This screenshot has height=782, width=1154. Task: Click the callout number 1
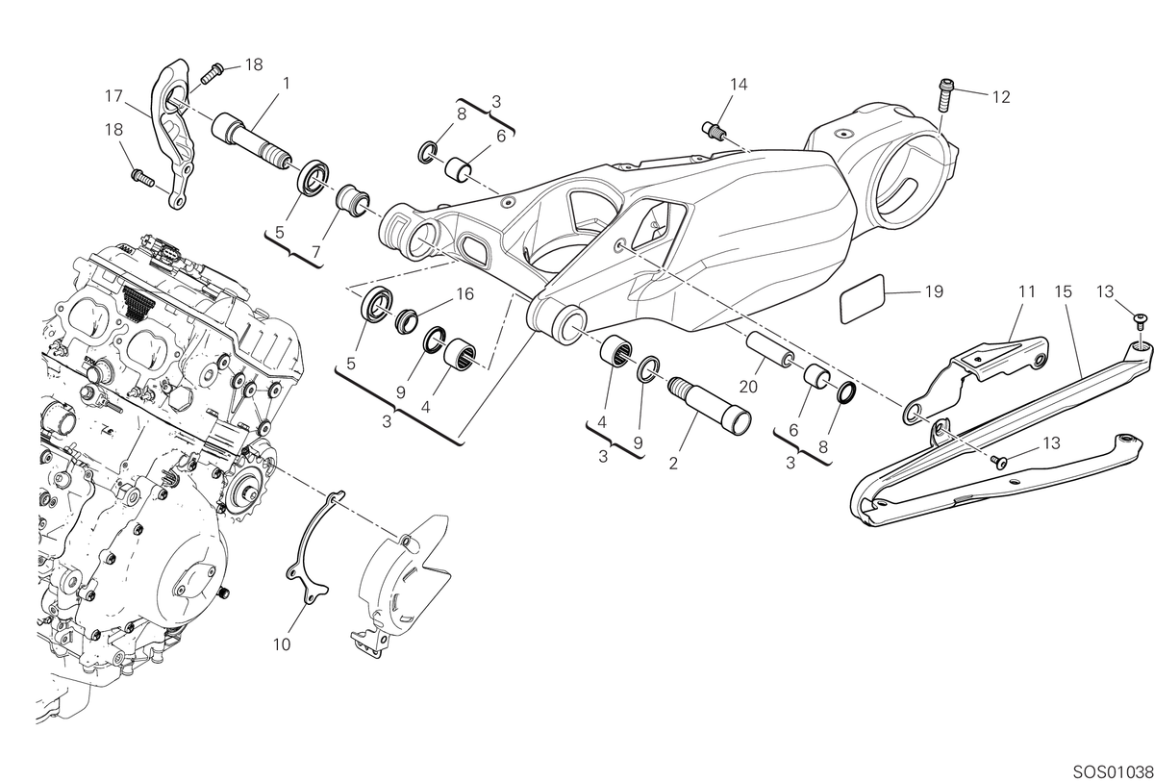pyautogui.click(x=286, y=83)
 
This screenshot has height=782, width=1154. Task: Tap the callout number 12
pyautogui.click(x=1001, y=97)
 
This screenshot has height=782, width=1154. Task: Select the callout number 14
pyautogui.click(x=739, y=85)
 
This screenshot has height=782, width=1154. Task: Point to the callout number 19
pyautogui.click(x=934, y=291)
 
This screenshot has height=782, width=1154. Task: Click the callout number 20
pyautogui.click(x=748, y=386)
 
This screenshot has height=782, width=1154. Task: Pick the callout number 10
pyautogui.click(x=282, y=644)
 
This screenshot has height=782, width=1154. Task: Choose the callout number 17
pyautogui.click(x=113, y=96)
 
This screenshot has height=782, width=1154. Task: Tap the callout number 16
pyautogui.click(x=464, y=294)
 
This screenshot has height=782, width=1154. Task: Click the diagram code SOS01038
pyautogui.click(x=1113, y=772)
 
